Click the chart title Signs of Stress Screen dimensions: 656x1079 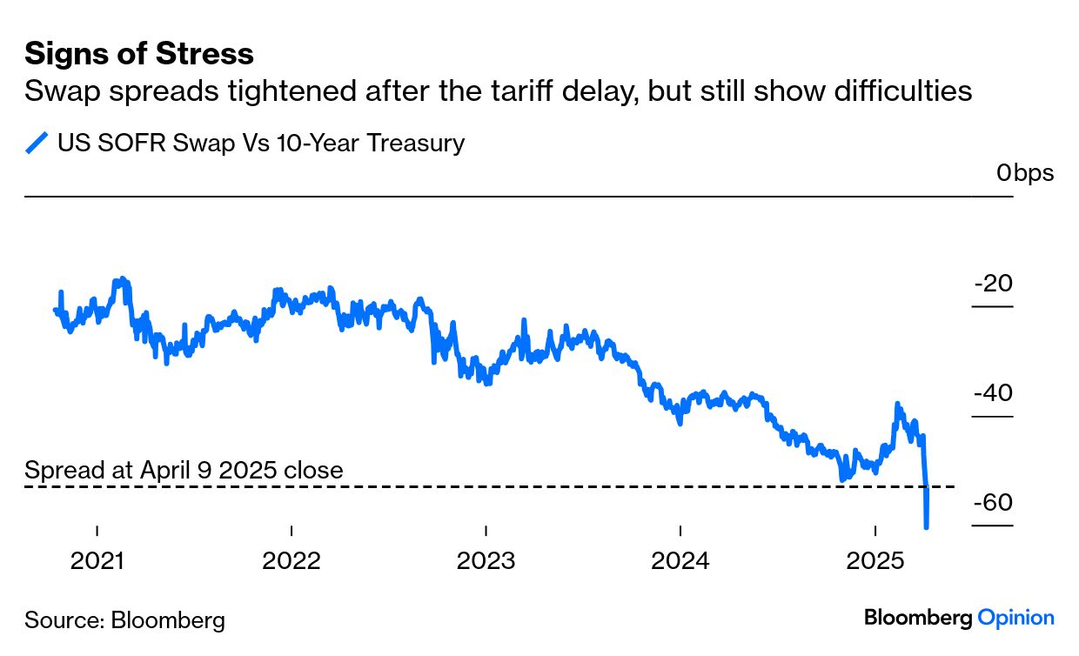[x=139, y=54]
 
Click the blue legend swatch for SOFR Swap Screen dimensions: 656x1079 [x=37, y=143]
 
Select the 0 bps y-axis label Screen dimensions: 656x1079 [x=1024, y=173]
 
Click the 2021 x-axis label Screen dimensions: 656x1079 [x=98, y=561]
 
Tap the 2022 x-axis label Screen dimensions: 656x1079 [x=292, y=561]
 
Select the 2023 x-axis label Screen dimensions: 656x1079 [x=486, y=561]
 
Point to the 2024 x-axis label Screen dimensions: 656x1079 [x=680, y=561]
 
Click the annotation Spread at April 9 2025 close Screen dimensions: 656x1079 [x=184, y=471]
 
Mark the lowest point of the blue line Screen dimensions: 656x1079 [x=926, y=526]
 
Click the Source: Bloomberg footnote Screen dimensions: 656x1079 [x=124, y=620]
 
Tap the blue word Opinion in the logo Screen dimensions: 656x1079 [x=1015, y=618]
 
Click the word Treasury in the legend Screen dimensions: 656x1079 [x=416, y=143]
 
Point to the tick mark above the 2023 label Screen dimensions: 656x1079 [x=486, y=531]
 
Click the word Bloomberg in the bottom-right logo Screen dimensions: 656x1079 [x=918, y=618]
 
